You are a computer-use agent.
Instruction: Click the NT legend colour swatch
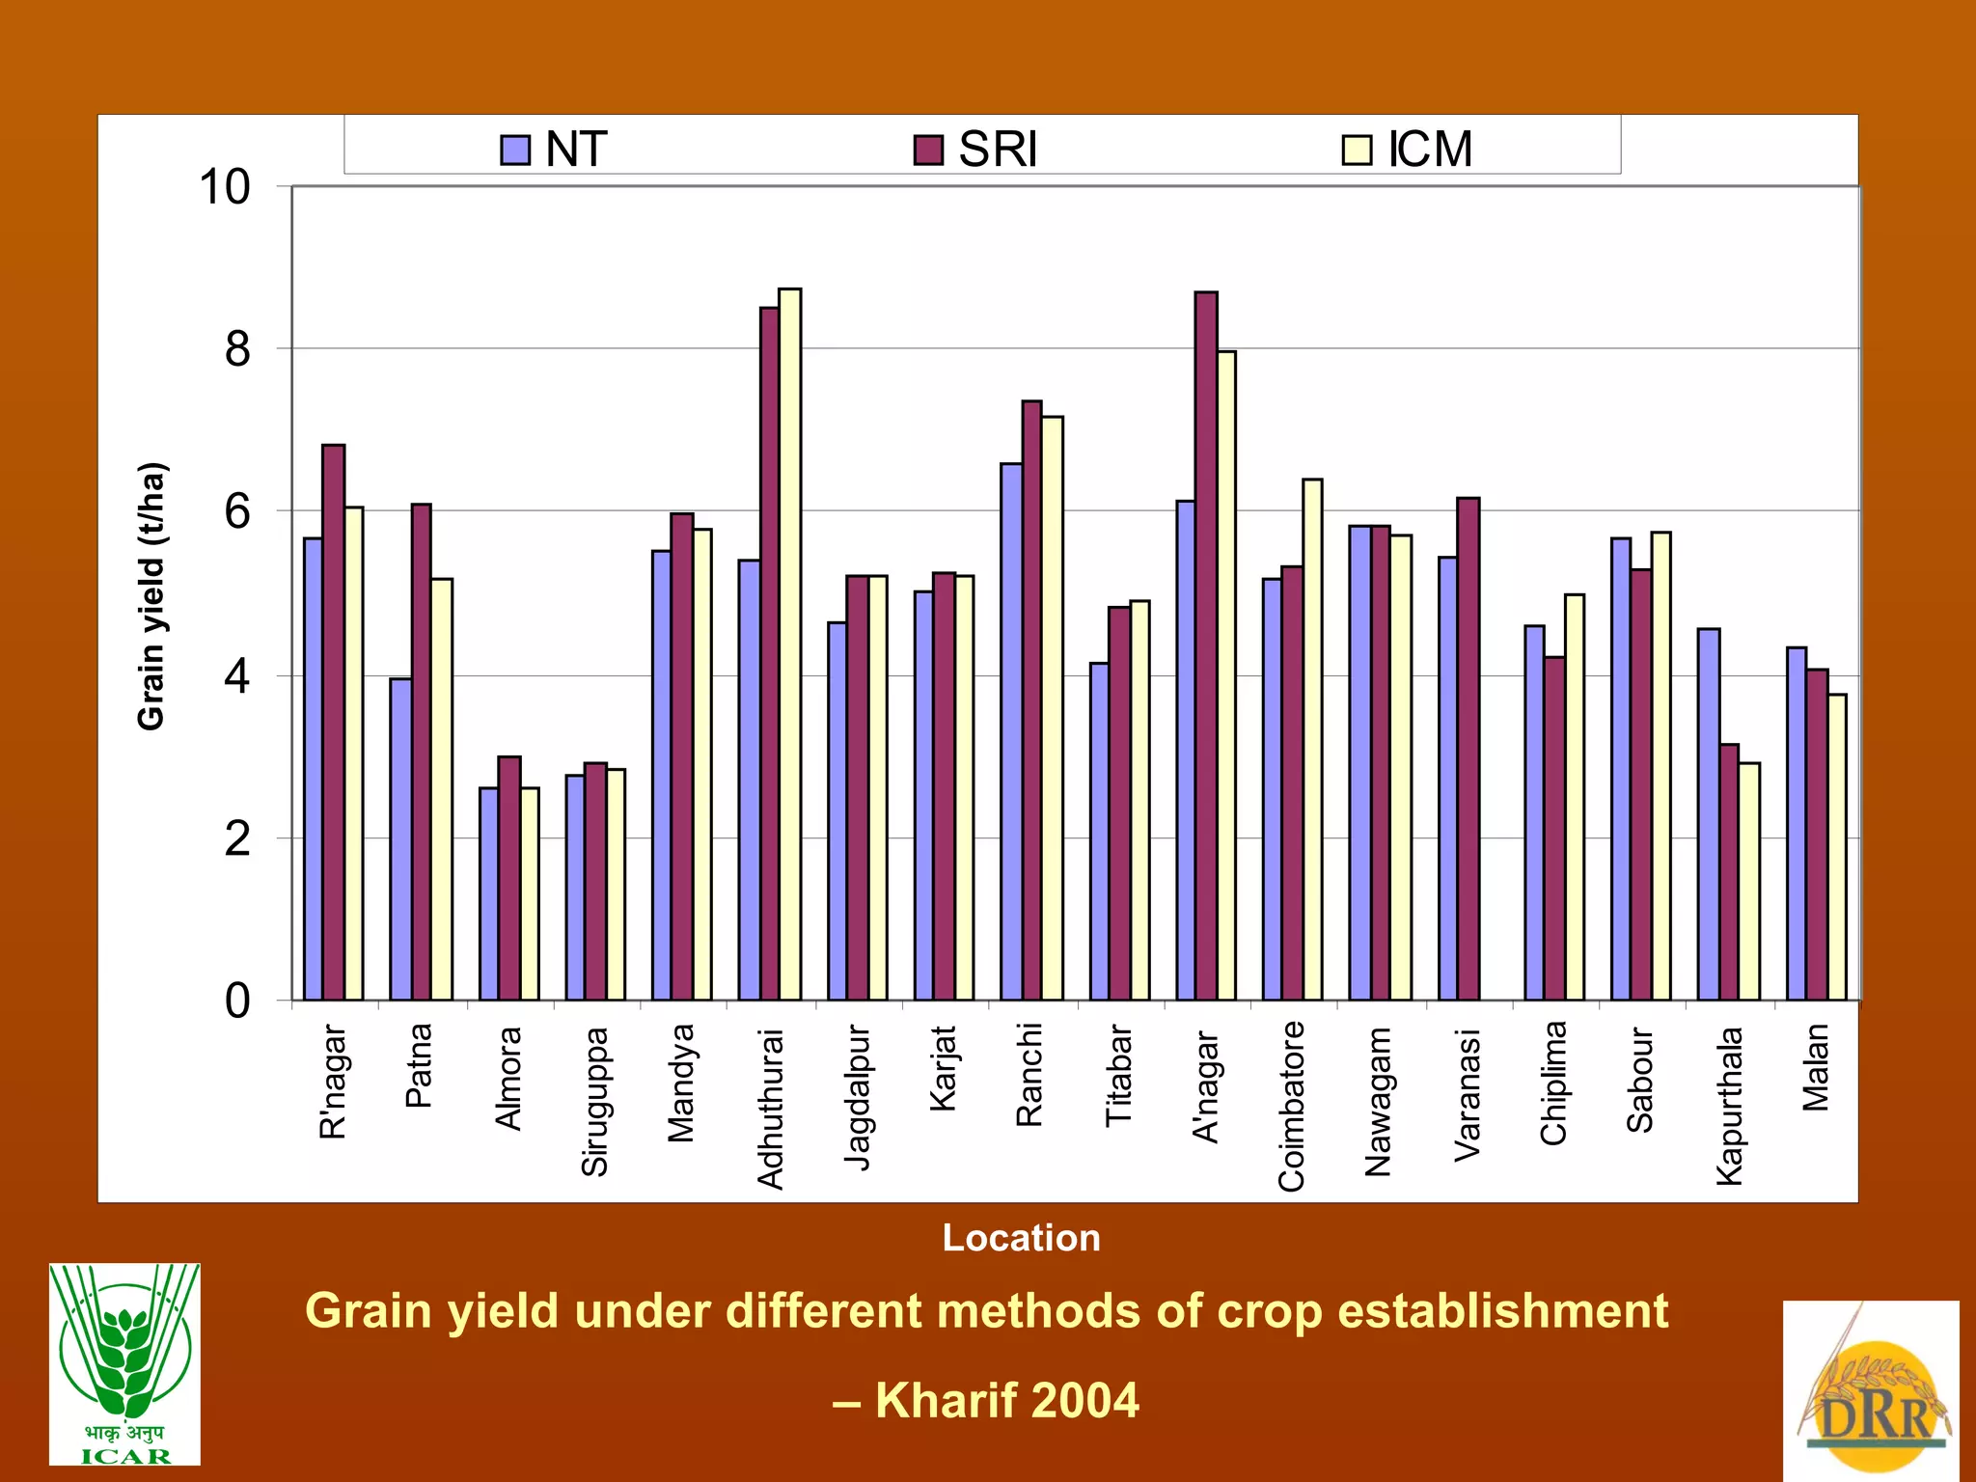(x=515, y=151)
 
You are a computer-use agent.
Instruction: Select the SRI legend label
(x=997, y=150)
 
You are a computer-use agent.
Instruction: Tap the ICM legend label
(x=1430, y=150)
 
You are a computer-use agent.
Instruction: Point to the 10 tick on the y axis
(x=224, y=187)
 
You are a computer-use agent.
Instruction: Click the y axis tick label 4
(x=237, y=676)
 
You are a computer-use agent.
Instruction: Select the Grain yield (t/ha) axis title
(x=151, y=596)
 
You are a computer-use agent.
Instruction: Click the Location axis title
(x=1021, y=1238)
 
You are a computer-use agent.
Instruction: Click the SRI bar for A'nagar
(x=1205, y=645)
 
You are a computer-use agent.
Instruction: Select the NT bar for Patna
(x=400, y=838)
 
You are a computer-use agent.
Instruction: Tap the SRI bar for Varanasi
(x=1468, y=749)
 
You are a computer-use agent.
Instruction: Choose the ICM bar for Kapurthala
(x=1748, y=881)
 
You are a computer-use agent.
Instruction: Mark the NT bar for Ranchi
(x=1011, y=731)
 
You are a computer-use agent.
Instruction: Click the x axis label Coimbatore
(x=1291, y=1106)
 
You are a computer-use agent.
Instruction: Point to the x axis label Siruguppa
(x=594, y=1101)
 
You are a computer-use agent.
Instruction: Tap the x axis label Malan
(x=1815, y=1067)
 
